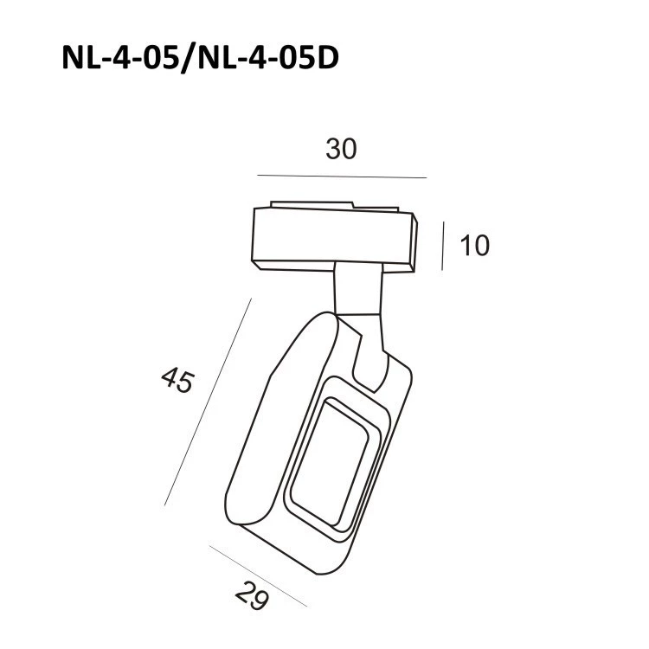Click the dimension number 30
(x=341, y=149)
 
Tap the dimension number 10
(x=475, y=246)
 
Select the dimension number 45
(x=177, y=381)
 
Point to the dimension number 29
(x=252, y=596)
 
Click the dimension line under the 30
(x=342, y=177)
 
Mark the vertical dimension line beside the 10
(x=443, y=246)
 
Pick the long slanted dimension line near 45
(x=208, y=402)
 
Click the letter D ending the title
(x=326, y=58)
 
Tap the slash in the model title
(x=190, y=59)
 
